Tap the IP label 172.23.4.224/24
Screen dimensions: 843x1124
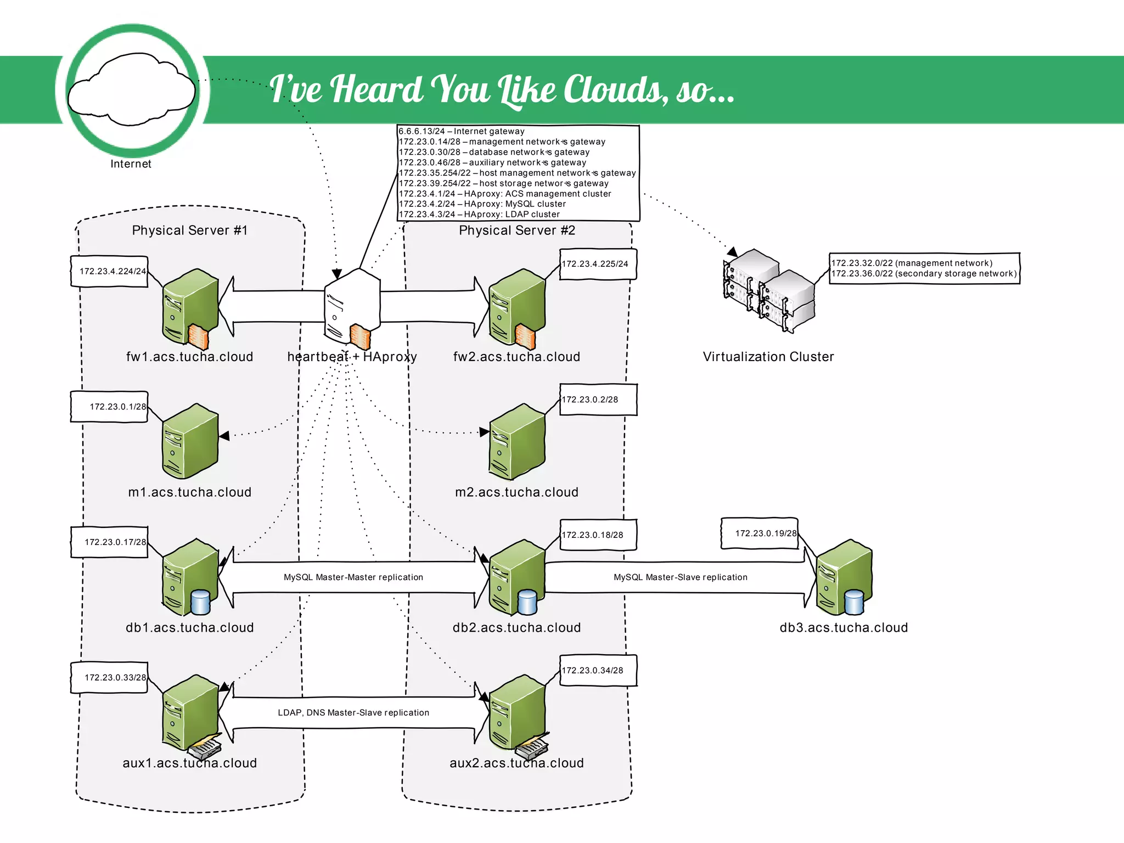(112, 271)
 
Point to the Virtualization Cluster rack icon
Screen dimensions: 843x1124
(769, 290)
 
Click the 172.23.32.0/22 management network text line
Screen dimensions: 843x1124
(911, 263)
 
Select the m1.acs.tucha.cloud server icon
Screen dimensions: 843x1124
(190, 441)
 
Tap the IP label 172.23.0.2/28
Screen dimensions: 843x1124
(590, 400)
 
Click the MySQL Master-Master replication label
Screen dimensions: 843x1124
(353, 577)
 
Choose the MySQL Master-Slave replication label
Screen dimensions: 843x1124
(681, 577)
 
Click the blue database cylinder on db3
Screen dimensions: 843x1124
(853, 602)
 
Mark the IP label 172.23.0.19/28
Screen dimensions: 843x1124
(765, 533)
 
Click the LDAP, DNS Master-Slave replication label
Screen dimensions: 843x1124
(353, 713)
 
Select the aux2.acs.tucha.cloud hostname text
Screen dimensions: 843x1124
(516, 763)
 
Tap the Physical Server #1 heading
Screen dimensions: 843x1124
(190, 231)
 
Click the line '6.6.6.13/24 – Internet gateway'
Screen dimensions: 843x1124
(462, 131)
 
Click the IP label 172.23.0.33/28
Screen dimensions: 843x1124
(115, 678)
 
